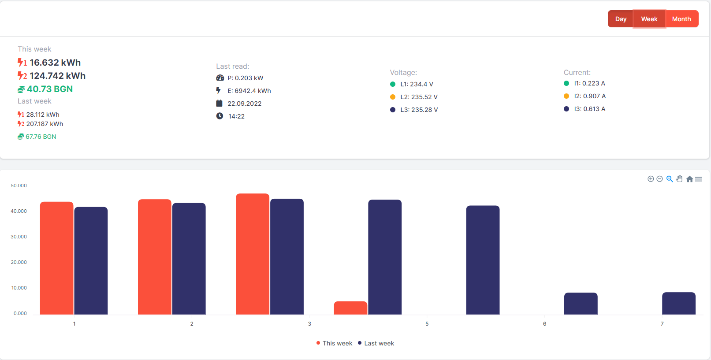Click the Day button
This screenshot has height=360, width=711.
(x=621, y=19)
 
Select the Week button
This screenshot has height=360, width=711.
(x=649, y=19)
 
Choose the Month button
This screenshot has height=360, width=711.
(x=681, y=19)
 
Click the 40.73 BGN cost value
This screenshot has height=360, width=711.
(x=50, y=89)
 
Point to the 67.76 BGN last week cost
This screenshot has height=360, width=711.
(x=41, y=137)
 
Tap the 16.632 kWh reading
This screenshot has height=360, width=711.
(x=55, y=63)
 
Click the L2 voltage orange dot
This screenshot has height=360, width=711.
(x=393, y=97)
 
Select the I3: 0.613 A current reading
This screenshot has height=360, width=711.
(x=590, y=109)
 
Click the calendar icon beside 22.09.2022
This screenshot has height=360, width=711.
(x=219, y=103)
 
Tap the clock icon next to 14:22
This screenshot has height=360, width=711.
(x=220, y=116)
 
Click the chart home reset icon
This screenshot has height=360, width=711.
(x=689, y=179)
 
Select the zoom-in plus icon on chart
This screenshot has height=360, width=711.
(x=651, y=179)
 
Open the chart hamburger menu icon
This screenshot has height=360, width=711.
(x=699, y=179)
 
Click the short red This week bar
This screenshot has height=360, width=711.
(x=350, y=308)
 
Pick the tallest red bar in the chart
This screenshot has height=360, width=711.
(x=253, y=254)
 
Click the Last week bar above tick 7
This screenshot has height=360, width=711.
(x=679, y=304)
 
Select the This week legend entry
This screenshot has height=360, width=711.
(x=334, y=343)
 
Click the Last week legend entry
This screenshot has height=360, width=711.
(x=376, y=343)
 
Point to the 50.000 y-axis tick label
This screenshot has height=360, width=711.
(x=19, y=186)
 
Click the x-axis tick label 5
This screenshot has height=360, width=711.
(x=427, y=324)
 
